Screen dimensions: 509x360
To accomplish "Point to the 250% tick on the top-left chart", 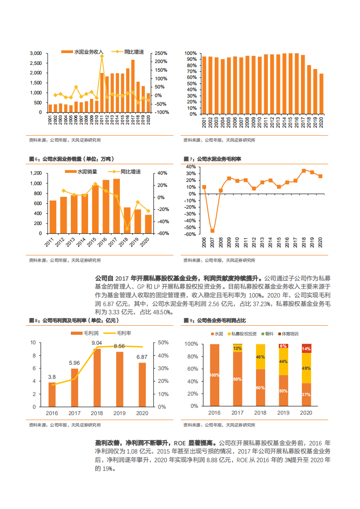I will click(x=161, y=53).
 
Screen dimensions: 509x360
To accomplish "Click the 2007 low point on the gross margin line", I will click(x=212, y=230).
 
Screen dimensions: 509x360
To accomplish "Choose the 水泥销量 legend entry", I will click(x=84, y=172).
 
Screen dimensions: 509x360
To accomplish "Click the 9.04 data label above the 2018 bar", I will click(x=97, y=343).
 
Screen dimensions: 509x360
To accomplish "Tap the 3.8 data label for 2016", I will click(x=52, y=377).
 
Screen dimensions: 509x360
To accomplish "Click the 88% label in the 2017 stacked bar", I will click(x=237, y=379).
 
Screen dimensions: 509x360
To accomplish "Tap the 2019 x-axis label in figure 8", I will click(x=119, y=413).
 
